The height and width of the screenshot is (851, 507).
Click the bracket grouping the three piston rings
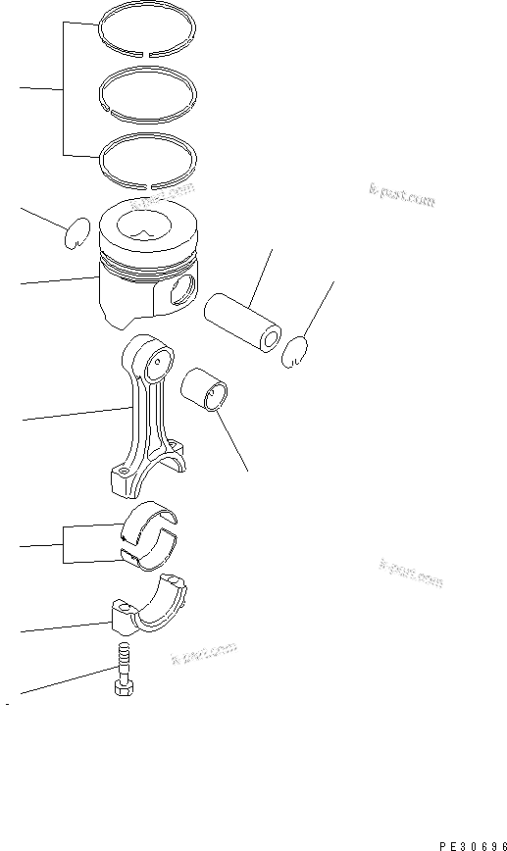[x=65, y=90]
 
